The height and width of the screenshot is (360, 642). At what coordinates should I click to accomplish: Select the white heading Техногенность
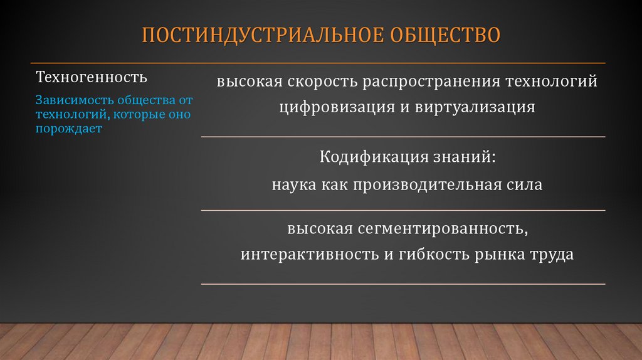pyautogui.click(x=92, y=78)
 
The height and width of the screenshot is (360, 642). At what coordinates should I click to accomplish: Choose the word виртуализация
pyautogui.click(x=475, y=107)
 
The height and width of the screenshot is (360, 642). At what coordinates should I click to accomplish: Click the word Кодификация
pyautogui.click(x=365, y=157)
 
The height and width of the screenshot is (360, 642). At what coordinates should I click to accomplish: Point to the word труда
pyautogui.click(x=554, y=255)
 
